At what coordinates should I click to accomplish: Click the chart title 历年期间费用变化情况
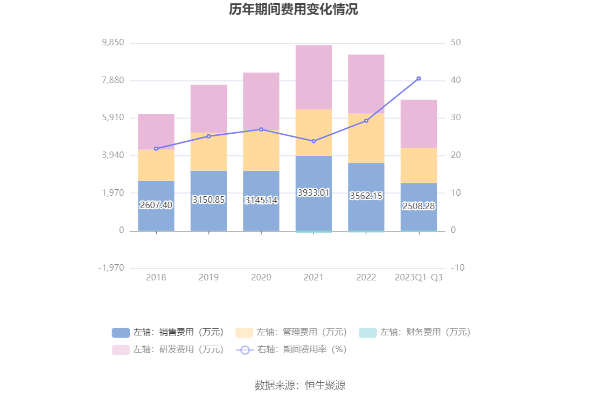pos(293,10)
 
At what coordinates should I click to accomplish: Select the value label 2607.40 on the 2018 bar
pos(156,205)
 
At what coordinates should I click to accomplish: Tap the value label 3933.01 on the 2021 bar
pos(313,192)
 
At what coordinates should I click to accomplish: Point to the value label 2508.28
pos(418,206)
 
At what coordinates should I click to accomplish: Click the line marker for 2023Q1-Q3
pos(418,79)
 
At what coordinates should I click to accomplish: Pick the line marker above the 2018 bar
pos(156,149)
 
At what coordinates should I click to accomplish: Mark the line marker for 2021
pos(313,141)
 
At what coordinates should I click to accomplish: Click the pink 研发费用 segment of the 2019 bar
pos(208,108)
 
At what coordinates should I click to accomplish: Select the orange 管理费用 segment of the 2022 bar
pos(366,138)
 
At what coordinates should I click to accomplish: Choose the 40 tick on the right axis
pos(456,80)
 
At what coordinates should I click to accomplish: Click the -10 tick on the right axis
pos(457,268)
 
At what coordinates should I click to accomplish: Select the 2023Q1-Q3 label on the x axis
pos(419,277)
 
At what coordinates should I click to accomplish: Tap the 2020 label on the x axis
pos(261,277)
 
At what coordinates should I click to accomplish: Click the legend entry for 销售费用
pos(168,332)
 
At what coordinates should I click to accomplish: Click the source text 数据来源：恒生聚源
pos(300,385)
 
